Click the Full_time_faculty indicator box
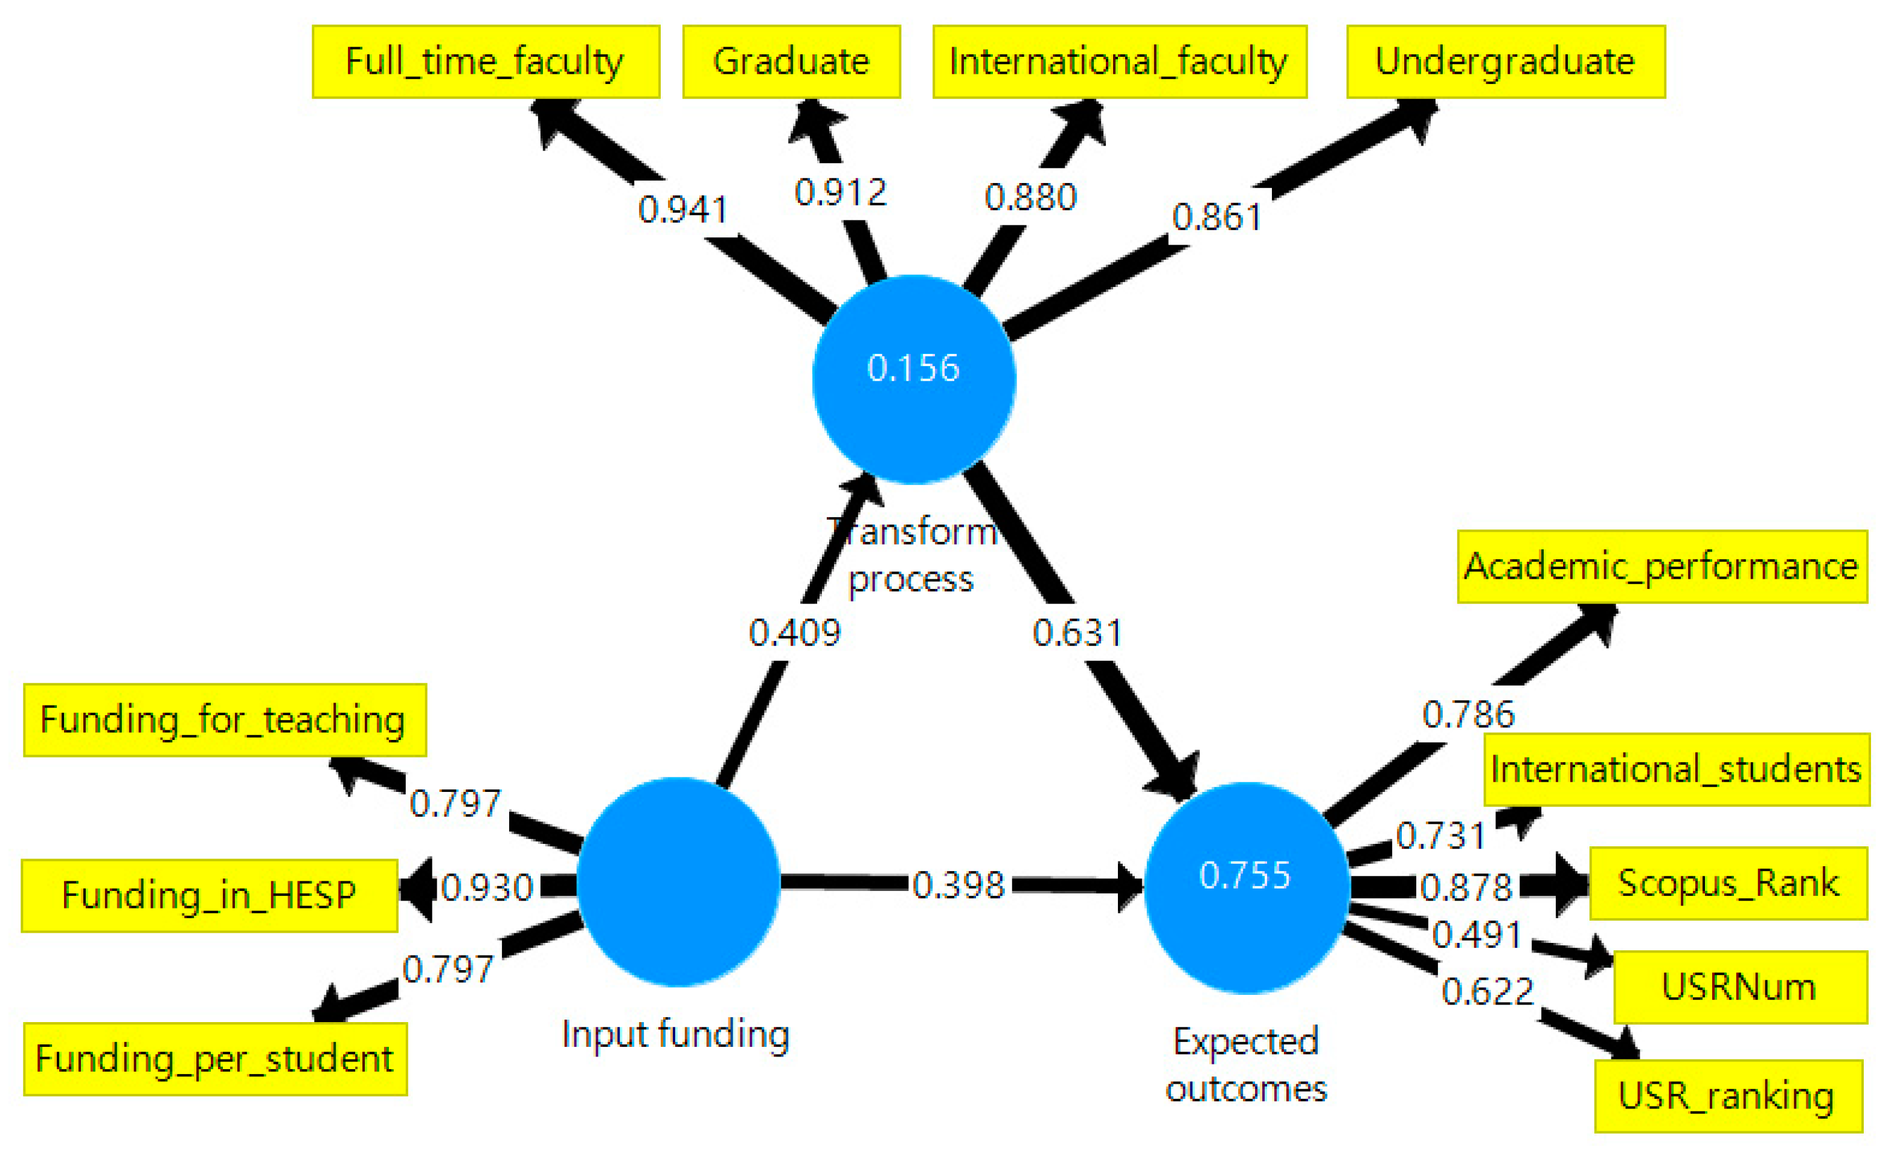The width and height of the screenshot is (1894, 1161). [x=486, y=62]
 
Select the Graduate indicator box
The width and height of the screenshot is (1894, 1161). [x=791, y=62]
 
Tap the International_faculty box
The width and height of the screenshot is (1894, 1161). [x=1119, y=62]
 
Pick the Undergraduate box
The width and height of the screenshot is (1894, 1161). [x=1505, y=62]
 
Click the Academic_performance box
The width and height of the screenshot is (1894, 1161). [x=1662, y=567]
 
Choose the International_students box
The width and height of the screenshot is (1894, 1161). [x=1676, y=770]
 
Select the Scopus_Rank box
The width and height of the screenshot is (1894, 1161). [x=1728, y=884]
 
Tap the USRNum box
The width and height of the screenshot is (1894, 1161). [x=1739, y=987]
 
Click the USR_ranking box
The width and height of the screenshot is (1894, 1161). [x=1728, y=1096]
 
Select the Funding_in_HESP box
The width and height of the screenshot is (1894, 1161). [x=209, y=896]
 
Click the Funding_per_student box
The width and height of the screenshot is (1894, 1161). [x=215, y=1059]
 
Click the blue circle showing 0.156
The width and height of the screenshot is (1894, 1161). [x=913, y=380]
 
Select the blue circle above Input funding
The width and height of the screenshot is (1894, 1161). [x=678, y=882]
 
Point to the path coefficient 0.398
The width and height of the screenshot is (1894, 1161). [x=958, y=886]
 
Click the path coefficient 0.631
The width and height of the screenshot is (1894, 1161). [x=1077, y=633]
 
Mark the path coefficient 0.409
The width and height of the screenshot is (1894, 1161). [x=795, y=633]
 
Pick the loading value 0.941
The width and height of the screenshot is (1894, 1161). [x=682, y=210]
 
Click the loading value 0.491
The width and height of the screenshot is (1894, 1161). [x=1477, y=935]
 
